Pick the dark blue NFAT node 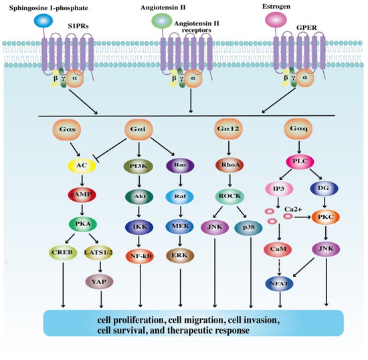pyautogui.click(x=276, y=283)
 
